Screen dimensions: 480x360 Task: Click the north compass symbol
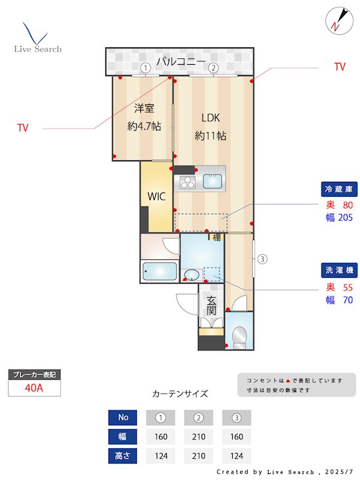pos(337,20)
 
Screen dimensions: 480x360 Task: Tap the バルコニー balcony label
pos(181,62)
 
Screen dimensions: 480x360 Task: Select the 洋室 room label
pos(144,109)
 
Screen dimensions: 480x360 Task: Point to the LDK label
pos(211,118)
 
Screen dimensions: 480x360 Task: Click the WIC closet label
pos(157,196)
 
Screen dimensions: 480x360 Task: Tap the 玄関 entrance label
pos(211,305)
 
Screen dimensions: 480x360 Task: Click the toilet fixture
pos(239,337)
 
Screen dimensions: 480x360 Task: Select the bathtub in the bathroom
pos(160,272)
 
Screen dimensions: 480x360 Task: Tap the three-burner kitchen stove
pos(186,181)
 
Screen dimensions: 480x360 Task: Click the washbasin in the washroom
pos(191,275)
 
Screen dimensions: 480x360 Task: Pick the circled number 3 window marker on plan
pos(262,259)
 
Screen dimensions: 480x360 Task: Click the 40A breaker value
pos(34,388)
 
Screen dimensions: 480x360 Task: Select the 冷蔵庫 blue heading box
pos(340,189)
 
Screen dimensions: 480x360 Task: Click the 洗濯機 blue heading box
pos(340,270)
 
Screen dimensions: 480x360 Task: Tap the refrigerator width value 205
pos(345,218)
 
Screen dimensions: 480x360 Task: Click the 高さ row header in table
pos(123,455)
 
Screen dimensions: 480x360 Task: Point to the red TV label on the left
pos(23,128)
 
